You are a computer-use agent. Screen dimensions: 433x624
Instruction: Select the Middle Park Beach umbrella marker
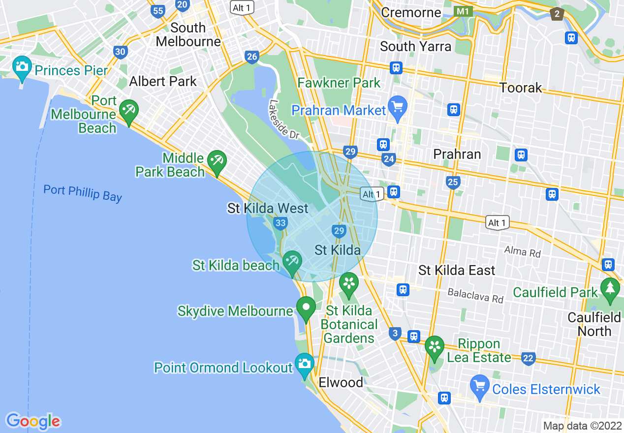217,160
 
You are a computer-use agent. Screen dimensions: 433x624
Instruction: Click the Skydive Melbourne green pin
306,308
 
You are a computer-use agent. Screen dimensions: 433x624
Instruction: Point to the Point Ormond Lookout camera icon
305,364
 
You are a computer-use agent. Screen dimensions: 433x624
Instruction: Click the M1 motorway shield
463,11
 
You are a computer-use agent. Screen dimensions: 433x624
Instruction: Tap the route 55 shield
158,11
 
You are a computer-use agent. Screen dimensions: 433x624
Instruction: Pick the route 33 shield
281,223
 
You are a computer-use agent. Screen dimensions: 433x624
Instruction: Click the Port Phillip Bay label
82,193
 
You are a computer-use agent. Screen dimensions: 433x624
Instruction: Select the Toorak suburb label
521,88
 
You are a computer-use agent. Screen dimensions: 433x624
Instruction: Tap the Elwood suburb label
341,382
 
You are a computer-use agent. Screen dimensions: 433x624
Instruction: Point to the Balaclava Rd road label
475,296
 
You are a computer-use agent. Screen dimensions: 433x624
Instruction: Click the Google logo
33,421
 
